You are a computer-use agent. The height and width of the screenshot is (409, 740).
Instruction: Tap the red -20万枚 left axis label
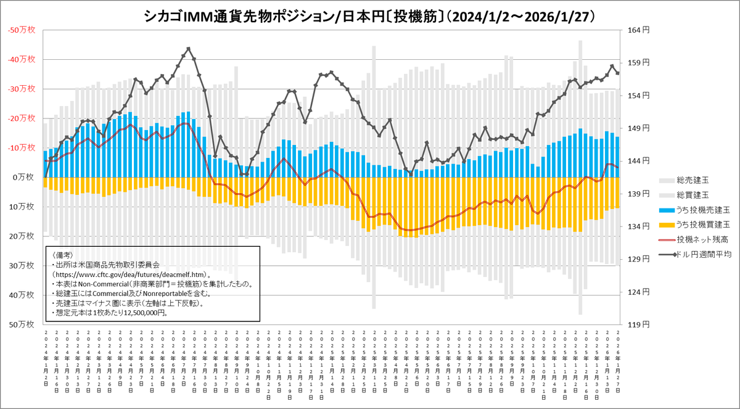point(23,118)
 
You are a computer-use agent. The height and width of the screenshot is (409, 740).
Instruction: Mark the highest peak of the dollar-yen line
point(189,48)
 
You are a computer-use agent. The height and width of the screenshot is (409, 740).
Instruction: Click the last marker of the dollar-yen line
point(617,73)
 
